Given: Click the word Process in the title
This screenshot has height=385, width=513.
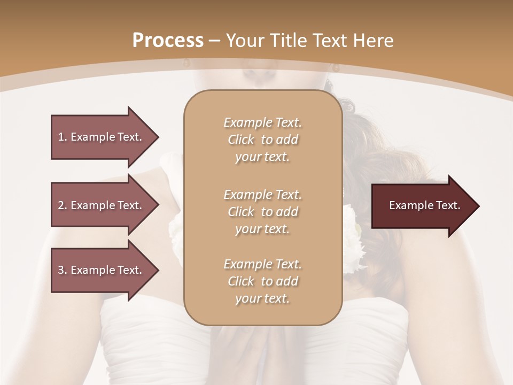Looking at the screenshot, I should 168,41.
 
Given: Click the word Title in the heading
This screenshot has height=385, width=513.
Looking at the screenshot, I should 290,41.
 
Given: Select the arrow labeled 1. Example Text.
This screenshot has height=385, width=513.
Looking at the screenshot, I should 102,137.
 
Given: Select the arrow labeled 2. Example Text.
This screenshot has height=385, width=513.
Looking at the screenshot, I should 102,205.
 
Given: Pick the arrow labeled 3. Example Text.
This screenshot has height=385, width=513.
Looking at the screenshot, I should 102,270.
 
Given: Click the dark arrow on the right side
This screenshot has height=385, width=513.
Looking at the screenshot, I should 422,206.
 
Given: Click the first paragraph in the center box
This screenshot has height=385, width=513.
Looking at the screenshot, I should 262,140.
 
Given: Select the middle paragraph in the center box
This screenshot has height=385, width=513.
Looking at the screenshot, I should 262,212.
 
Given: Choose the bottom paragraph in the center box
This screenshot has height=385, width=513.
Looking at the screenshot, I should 262,281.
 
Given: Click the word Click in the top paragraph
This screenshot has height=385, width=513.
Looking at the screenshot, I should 241,140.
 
